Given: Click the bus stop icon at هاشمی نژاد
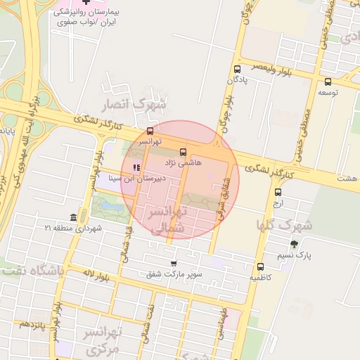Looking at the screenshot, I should click(x=184, y=152).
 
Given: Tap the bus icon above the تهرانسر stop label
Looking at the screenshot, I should click(x=150, y=131).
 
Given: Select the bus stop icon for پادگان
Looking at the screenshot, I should click(x=237, y=70).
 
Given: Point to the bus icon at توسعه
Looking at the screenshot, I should click(x=328, y=82).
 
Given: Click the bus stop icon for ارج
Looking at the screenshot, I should click(x=278, y=192).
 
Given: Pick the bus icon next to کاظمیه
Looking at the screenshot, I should click(x=261, y=266).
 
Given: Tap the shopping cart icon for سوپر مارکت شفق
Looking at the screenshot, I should click(x=173, y=264).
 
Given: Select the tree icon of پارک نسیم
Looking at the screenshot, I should click(x=294, y=245).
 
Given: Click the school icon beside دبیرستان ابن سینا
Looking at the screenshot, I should click(x=136, y=167).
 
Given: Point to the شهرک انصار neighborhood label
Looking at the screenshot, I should click(x=134, y=105).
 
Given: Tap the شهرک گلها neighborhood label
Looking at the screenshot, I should click(x=279, y=226).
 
